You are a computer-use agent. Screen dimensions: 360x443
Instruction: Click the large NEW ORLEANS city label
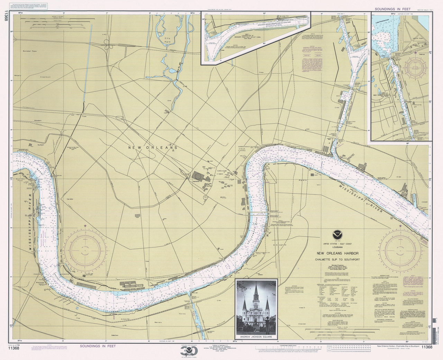pyautogui.click(x=153, y=148)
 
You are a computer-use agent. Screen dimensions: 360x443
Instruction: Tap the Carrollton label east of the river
pyautogui.click(x=70, y=200)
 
